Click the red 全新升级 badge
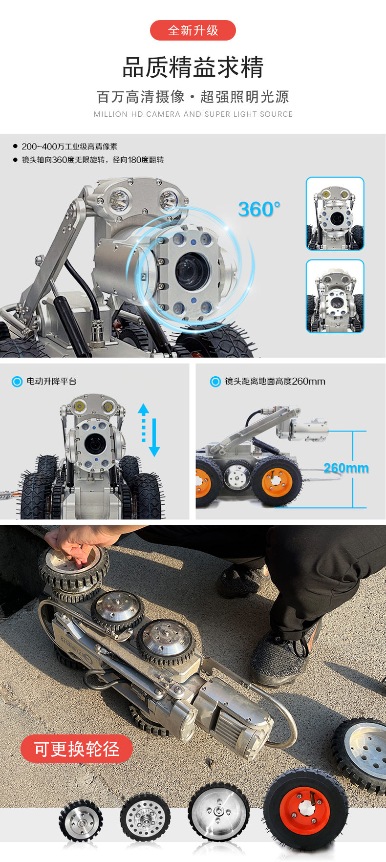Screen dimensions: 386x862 [193, 30]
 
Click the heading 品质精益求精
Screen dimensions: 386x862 [193, 67]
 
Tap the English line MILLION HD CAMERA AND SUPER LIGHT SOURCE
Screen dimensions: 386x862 [193, 114]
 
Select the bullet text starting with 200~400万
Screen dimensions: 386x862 [69, 147]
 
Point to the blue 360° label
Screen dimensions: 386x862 [259, 210]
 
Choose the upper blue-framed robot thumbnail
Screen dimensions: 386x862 [335, 214]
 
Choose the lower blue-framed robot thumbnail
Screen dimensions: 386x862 [335, 297]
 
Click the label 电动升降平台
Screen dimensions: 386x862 [51, 381]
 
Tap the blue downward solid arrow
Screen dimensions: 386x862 [154, 437]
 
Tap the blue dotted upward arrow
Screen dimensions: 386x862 [143, 423]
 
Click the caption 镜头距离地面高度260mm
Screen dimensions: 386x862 [275, 381]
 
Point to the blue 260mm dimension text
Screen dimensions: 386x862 [346, 468]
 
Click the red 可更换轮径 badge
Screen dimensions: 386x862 [77, 749]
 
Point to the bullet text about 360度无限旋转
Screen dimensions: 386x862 [93, 160]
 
